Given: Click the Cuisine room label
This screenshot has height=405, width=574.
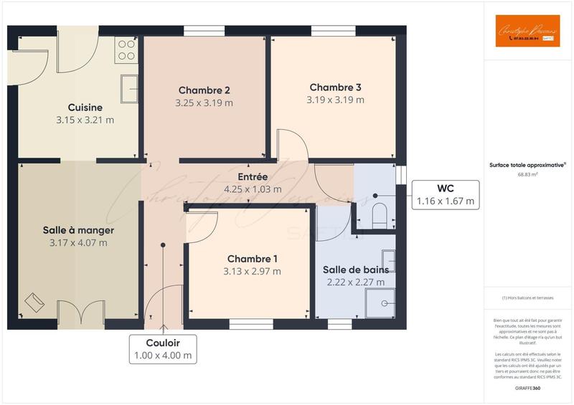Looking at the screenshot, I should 85,108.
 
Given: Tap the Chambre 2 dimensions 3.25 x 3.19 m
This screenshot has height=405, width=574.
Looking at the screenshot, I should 204,103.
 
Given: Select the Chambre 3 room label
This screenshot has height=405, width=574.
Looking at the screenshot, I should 335,87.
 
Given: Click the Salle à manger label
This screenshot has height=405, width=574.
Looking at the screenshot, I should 78,230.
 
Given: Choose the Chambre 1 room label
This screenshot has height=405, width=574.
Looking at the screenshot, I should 252,258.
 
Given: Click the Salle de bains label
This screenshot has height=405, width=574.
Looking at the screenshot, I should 355,270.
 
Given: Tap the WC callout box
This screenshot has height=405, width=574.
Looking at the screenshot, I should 446,195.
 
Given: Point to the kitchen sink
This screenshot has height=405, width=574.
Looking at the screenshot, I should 129,89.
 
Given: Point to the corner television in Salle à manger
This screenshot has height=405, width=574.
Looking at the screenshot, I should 33,304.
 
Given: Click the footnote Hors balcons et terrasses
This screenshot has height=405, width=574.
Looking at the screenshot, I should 527,297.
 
